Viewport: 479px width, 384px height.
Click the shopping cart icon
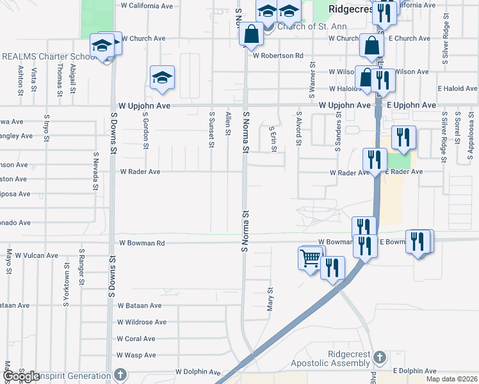311,259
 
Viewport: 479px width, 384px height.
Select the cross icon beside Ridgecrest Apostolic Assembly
379,357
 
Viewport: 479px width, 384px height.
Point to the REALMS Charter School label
48,56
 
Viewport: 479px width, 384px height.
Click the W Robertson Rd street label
277,56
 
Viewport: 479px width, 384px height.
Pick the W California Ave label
146,6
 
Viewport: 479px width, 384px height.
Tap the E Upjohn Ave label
407,105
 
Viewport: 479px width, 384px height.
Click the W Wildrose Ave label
142,322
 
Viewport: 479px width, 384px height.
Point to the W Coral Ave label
136,339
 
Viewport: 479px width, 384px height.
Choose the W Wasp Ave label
136,355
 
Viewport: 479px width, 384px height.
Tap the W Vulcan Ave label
37,255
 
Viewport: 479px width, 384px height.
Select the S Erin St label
273,138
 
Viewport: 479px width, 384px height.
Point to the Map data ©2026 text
451,379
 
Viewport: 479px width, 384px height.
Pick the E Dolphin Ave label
414,371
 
